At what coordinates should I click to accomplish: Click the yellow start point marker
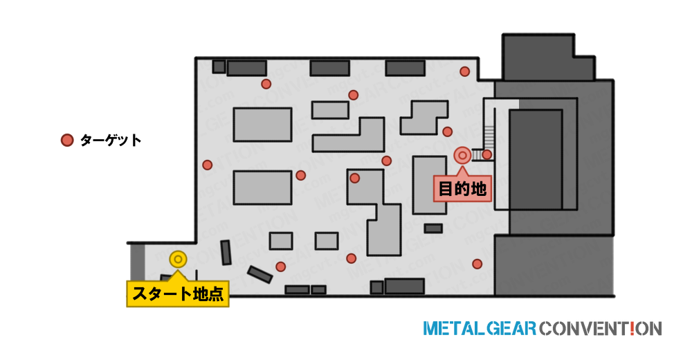[x=178, y=260]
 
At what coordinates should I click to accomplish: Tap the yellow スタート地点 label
[x=178, y=294]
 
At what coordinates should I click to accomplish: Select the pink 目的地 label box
[x=462, y=188]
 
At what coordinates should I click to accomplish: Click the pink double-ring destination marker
[x=462, y=156]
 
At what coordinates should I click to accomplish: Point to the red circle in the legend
[x=67, y=141]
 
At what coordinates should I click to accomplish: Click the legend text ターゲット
[x=111, y=141]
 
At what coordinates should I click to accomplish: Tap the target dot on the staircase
[x=486, y=154]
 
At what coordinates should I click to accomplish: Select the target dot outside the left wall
[x=208, y=165]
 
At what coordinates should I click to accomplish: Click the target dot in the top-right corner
[x=465, y=71]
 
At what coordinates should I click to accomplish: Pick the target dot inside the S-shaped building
[x=355, y=179]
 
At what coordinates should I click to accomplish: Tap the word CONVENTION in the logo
[x=600, y=329]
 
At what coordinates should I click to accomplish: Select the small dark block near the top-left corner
[x=219, y=66]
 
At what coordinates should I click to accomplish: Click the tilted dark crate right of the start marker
[x=226, y=253]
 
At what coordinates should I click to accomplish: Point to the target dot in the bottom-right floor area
[x=477, y=264]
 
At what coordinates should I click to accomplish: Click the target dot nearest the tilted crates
[x=281, y=267]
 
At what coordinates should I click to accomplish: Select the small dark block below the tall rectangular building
[x=433, y=228]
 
